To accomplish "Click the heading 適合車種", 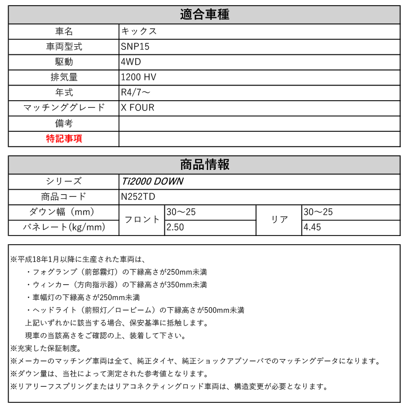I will pos(205,15).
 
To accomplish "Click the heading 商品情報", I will pos(205,164).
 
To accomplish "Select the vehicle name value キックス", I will pos(139,31).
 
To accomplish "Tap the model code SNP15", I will pos(135,46).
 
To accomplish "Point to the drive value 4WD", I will pos(131,62).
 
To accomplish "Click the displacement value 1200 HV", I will pos(138,77).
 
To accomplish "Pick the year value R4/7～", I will pos(136,93).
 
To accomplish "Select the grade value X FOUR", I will pos(137,108).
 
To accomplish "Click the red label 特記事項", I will pos(64,139).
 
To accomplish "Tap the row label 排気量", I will pos(64,77).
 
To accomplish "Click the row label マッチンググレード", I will pos(64,108).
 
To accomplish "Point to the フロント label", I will pos(142,220).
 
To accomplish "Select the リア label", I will pos(280,220).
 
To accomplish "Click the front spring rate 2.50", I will pos(176,227).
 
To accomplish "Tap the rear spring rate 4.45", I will pos(312,227).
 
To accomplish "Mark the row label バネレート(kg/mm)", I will pos(64,227).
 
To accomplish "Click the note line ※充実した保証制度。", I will pos(46,348).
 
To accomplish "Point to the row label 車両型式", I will pos(64,46).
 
